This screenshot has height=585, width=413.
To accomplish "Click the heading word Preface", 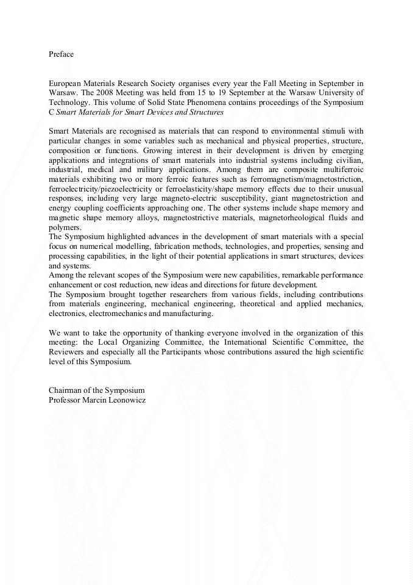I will coord(61,54).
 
